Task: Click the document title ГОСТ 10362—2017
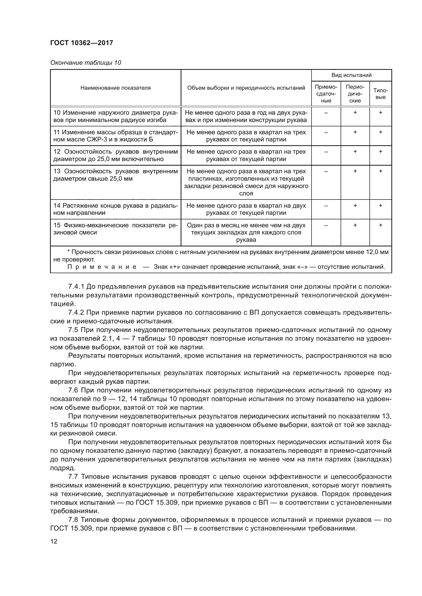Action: [x=82, y=43]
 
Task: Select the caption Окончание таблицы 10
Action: [x=85, y=63]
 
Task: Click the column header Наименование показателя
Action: [x=115, y=88]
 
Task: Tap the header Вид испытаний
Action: [x=351, y=75]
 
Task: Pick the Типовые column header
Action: [x=380, y=94]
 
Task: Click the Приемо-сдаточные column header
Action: [x=326, y=94]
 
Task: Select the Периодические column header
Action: [x=355, y=94]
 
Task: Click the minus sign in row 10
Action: [x=326, y=113]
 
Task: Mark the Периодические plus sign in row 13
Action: [x=355, y=171]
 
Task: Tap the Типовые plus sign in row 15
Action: [x=380, y=225]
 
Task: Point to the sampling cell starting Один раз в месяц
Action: [x=246, y=232]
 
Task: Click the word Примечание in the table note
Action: [x=102, y=267]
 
